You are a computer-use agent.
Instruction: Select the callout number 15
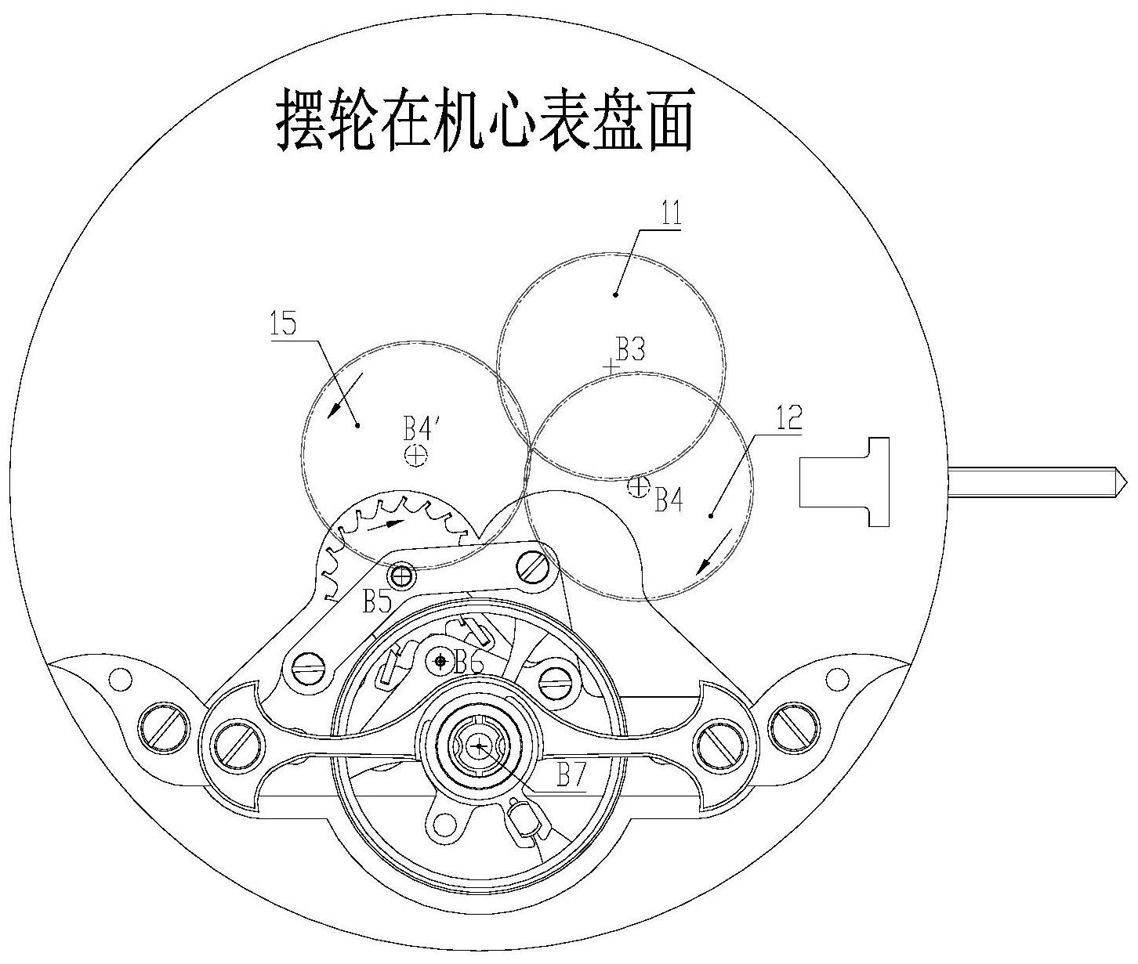(x=284, y=323)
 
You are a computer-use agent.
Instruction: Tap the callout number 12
(x=789, y=420)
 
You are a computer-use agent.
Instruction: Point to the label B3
(x=630, y=349)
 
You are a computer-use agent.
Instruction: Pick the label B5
(x=377, y=601)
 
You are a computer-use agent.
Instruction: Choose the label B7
(x=572, y=774)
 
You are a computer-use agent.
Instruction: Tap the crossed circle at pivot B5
(x=403, y=576)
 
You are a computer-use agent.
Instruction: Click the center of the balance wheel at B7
(x=480, y=746)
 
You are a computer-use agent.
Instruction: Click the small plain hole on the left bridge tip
(x=120, y=679)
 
